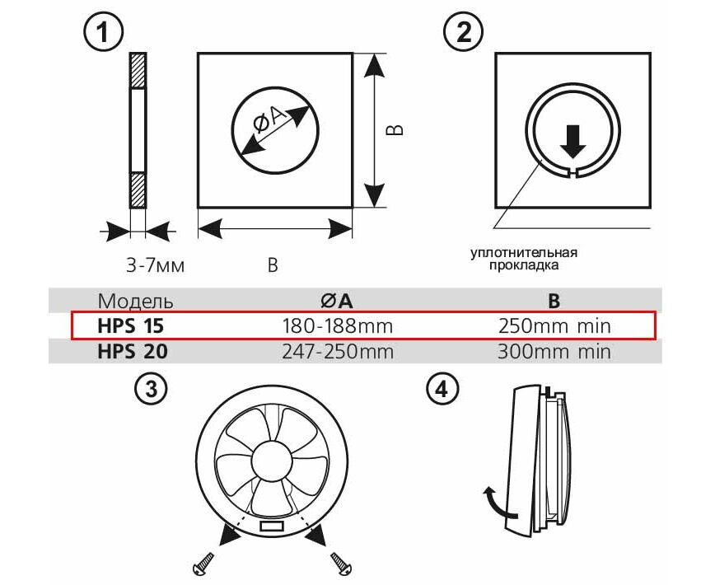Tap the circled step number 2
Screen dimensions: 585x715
[463, 33]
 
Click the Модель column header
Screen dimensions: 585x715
[136, 300]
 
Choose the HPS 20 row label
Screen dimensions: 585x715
[133, 352]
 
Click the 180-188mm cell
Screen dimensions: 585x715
[337, 325]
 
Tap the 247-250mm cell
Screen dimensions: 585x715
[337, 352]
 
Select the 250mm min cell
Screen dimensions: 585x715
[554, 325]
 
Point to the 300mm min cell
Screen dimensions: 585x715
[554, 352]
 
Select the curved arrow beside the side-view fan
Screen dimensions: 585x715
[491, 498]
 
